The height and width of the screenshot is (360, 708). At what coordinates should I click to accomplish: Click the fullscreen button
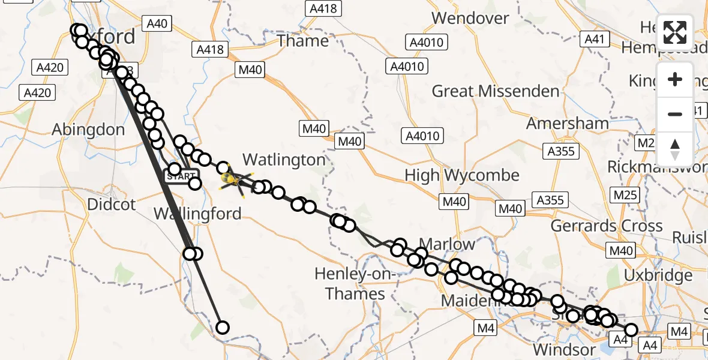click(675, 32)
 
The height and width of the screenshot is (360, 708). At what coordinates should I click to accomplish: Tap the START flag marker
click(181, 176)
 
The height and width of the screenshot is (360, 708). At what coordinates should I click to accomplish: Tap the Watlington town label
click(284, 160)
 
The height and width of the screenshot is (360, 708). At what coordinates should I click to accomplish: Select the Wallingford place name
click(197, 214)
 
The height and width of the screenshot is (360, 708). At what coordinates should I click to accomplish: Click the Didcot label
click(112, 204)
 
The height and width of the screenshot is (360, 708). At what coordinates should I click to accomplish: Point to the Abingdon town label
click(88, 130)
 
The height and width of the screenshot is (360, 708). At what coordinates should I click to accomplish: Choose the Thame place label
click(302, 41)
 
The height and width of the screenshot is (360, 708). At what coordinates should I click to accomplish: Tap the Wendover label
click(470, 18)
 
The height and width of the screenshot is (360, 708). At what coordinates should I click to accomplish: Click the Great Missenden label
click(496, 91)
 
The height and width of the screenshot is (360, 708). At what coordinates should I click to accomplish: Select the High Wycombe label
click(462, 175)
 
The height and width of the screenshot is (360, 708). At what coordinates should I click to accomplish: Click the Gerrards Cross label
click(607, 226)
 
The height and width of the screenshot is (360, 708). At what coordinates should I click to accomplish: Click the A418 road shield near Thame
click(209, 49)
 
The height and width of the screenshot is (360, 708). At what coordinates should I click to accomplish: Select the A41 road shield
click(595, 40)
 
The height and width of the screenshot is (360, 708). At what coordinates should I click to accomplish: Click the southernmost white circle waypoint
click(223, 327)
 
